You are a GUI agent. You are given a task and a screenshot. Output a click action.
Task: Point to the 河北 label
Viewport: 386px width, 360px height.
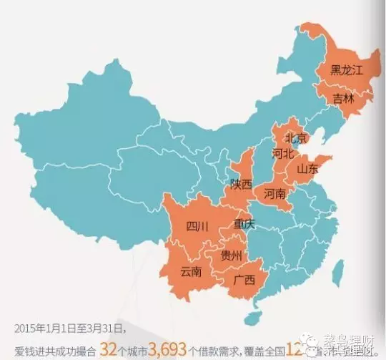[283, 153]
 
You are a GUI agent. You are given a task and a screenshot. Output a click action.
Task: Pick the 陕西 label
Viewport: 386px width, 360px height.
[242, 184]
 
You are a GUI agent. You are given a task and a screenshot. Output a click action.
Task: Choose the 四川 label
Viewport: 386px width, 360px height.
[197, 227]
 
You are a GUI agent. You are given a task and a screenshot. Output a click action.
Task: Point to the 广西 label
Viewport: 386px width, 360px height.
[244, 281]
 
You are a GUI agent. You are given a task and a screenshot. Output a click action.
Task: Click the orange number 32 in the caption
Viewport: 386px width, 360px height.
[109, 349]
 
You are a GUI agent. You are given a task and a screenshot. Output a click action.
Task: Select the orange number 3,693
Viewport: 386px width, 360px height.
[167, 349]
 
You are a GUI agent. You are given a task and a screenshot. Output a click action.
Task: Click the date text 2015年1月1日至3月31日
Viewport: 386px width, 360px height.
[68, 329]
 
